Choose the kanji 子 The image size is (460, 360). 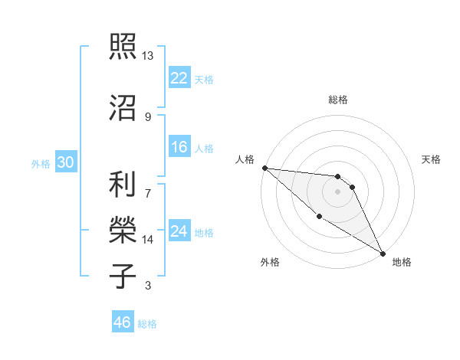pyautogui.click(x=123, y=276)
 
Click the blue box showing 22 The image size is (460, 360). pyautogui.click(x=179, y=77)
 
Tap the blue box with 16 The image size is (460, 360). pyautogui.click(x=179, y=148)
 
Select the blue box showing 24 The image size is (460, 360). pyautogui.click(x=179, y=231)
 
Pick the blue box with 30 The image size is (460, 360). pyautogui.click(x=66, y=163)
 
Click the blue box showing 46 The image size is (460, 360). pyautogui.click(x=123, y=322)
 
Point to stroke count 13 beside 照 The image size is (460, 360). pyautogui.click(x=148, y=56)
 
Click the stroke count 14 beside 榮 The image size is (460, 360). pyautogui.click(x=148, y=240)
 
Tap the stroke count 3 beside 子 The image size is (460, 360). pyautogui.click(x=148, y=286)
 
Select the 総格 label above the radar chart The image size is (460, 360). pyautogui.click(x=338, y=100)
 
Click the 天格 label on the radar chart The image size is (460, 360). pyautogui.click(x=432, y=159)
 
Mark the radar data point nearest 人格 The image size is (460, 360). pyautogui.click(x=264, y=168)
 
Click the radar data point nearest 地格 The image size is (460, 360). pyautogui.click(x=382, y=253)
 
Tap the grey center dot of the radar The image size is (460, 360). pyautogui.click(x=338, y=191)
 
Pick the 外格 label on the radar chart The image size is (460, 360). pyautogui.click(x=270, y=262)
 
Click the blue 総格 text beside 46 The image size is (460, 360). pyautogui.click(x=147, y=324)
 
